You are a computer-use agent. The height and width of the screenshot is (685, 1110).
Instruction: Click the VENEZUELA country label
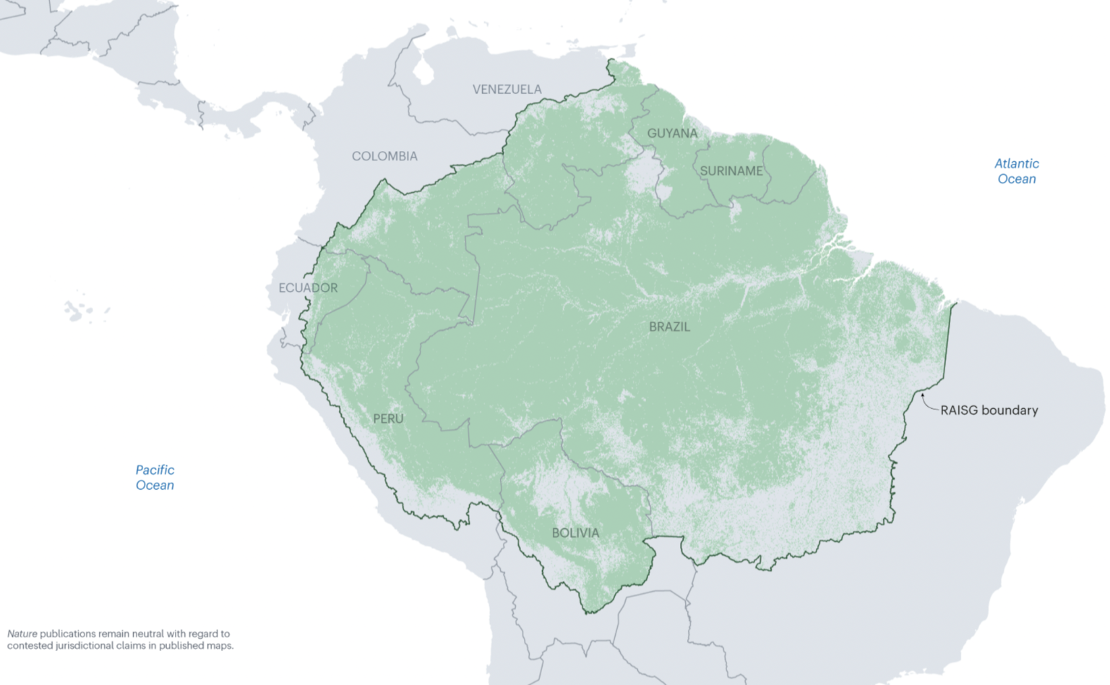point(507,90)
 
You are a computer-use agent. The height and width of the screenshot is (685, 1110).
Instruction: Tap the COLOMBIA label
point(384,156)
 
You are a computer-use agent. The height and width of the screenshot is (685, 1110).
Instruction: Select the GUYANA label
point(672,134)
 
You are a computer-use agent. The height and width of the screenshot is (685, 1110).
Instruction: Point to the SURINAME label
point(731,171)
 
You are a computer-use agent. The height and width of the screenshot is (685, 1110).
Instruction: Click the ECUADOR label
point(308,288)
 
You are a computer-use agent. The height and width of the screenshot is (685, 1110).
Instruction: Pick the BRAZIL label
point(669,327)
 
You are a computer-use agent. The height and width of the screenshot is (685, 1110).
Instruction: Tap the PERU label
point(388,418)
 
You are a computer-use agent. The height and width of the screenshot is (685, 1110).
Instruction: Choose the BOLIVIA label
point(575,533)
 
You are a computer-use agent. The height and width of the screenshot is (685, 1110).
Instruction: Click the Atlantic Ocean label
point(1016,171)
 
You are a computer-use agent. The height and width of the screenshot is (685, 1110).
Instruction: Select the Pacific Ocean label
point(155,478)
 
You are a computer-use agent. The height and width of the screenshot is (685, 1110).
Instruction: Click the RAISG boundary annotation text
point(989,410)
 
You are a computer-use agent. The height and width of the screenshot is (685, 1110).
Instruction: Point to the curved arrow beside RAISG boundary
point(928,402)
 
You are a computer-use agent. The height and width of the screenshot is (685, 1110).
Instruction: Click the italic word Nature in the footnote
point(22,634)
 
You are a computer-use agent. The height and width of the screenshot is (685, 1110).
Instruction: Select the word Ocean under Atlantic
point(1016,179)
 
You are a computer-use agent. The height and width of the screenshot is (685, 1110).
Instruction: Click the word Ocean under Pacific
point(155,486)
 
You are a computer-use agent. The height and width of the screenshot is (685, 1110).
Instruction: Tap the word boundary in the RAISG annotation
point(1010,410)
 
